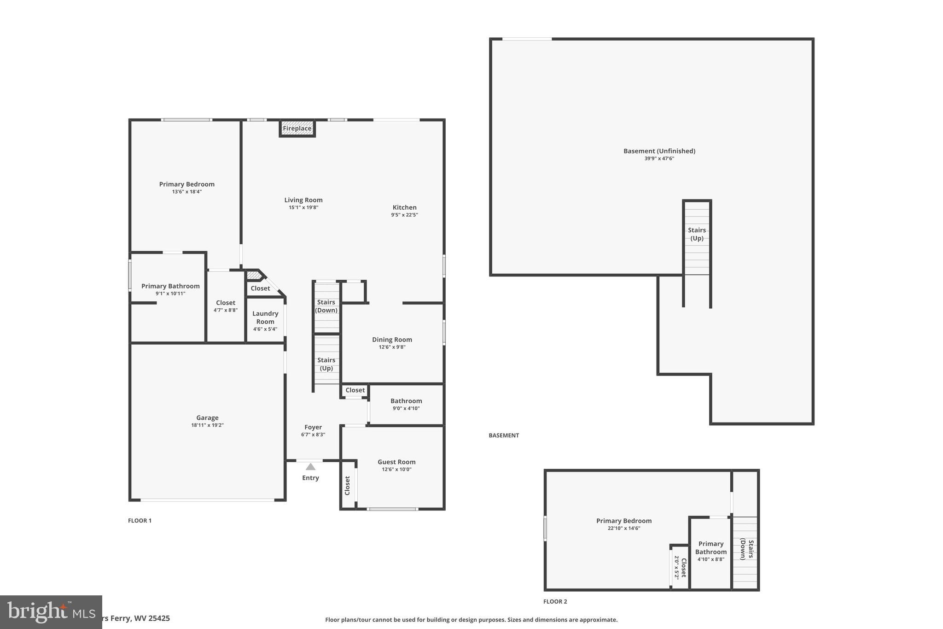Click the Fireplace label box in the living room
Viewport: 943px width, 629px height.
click(297, 129)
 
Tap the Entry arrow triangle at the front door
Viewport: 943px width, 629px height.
click(311, 466)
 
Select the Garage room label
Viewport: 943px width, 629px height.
click(207, 418)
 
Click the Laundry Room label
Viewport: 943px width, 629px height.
click(265, 317)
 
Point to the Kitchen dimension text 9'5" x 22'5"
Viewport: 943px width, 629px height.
click(404, 215)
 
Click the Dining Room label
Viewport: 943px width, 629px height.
click(392, 340)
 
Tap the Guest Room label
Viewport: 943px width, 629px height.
click(396, 462)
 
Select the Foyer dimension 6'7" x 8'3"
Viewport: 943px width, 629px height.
click(313, 435)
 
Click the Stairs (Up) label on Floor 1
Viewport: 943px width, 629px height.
click(326, 364)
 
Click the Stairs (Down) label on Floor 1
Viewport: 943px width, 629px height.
click(326, 306)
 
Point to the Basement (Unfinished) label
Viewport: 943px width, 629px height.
click(659, 151)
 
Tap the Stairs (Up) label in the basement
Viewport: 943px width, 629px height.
click(697, 234)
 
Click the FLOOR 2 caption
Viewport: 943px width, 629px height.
click(555, 601)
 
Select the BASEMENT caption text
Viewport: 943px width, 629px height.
click(504, 435)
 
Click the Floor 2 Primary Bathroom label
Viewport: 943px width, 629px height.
click(711, 548)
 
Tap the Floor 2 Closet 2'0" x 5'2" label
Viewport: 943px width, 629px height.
click(681, 567)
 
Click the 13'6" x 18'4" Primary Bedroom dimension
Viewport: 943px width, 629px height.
click(186, 192)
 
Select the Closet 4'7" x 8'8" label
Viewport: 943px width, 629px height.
click(226, 306)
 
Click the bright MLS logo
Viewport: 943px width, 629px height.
click(51, 612)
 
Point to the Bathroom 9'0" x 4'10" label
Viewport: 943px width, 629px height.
click(406, 404)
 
